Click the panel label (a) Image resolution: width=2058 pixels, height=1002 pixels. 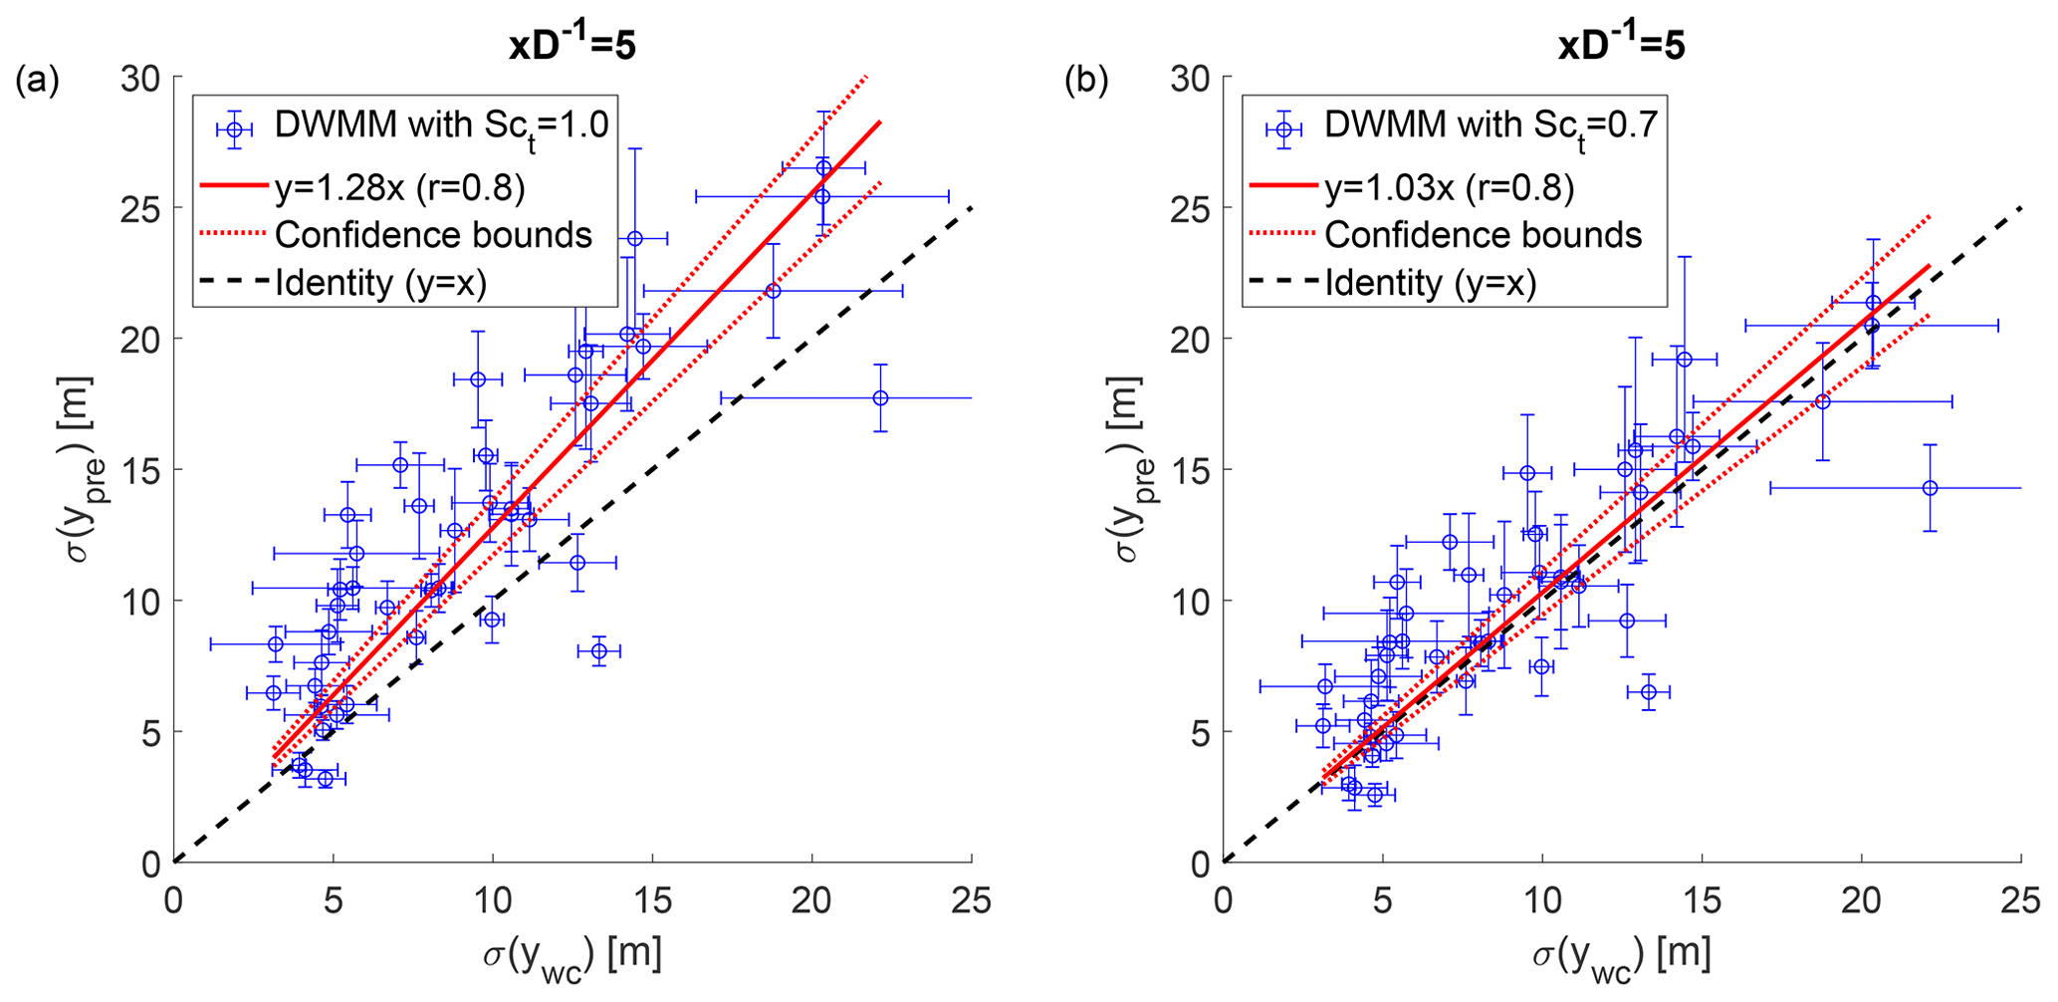37,81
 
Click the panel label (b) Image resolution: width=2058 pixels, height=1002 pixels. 1086,81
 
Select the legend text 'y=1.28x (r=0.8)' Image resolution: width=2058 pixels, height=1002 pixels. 399,187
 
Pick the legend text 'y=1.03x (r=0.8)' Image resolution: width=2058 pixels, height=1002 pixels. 1449,187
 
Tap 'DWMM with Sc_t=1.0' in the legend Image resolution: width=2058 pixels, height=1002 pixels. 441,126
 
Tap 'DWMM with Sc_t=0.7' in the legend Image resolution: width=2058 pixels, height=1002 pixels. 1490,126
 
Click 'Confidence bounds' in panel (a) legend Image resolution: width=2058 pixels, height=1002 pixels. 433,235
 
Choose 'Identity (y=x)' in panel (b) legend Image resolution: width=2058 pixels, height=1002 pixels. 1430,283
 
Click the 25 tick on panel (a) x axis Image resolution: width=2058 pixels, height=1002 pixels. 972,900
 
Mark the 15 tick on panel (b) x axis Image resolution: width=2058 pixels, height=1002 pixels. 1702,900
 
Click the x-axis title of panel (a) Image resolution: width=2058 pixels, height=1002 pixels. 572,953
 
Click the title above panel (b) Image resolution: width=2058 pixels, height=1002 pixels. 1621,46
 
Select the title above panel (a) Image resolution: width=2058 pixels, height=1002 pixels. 572,46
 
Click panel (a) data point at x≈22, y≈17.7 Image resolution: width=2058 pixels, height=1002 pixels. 880,398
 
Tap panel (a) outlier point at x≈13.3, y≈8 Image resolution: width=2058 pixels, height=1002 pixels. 599,651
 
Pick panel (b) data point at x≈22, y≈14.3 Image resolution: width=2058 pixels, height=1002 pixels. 1930,488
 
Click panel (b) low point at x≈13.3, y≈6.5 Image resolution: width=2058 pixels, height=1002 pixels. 1648,691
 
